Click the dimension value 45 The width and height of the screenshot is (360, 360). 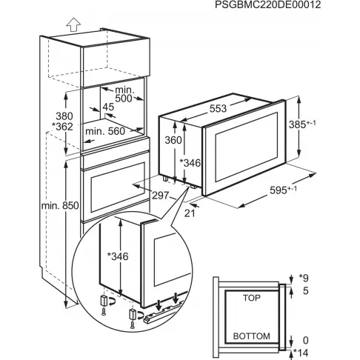click(x=110, y=107)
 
